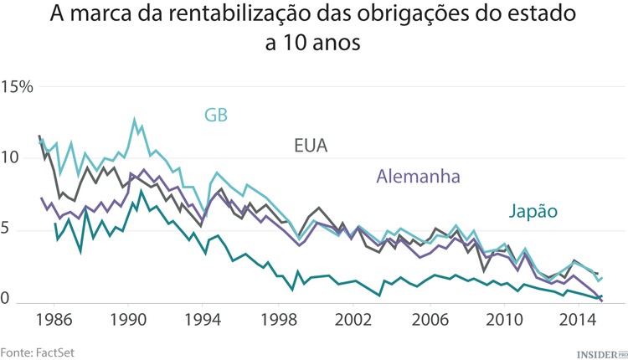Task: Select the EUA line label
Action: click(310, 146)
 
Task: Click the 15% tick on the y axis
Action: click(17, 86)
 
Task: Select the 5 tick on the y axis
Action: click(8, 229)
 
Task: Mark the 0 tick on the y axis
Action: click(8, 300)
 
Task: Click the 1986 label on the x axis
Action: click(55, 320)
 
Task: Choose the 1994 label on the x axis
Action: click(204, 320)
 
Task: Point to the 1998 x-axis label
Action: click(279, 320)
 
